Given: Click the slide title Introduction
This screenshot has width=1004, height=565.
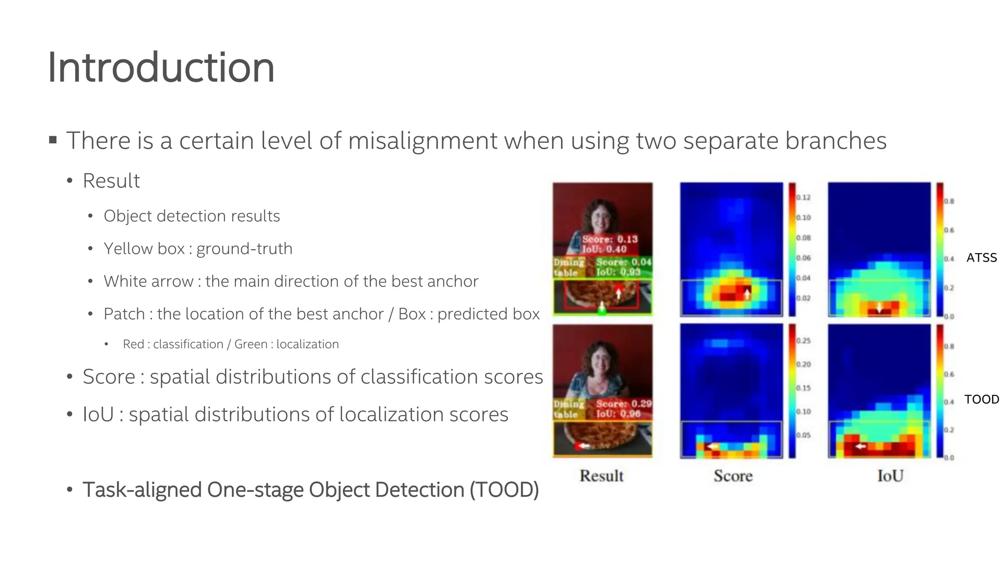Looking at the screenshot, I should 161,68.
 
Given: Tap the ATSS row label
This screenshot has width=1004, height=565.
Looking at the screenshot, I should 981,257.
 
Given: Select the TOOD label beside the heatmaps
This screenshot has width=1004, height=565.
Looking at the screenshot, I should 981,399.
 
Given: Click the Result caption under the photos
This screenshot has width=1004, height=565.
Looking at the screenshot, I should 602,476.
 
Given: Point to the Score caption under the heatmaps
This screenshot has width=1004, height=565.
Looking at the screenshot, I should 733,476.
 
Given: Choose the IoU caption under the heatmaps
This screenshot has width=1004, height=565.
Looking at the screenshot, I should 890,476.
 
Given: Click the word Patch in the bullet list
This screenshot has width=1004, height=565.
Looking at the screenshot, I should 125,314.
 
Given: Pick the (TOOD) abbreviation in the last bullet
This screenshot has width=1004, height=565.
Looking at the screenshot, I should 504,490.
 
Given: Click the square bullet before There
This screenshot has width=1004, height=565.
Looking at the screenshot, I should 53,141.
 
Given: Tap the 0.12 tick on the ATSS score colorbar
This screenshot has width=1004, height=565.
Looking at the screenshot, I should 803,198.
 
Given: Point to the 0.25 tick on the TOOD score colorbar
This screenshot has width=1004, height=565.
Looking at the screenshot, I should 803,341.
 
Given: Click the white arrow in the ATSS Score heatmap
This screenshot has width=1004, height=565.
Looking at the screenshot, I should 747,294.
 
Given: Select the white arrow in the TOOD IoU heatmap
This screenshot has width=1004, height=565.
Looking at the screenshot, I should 860,446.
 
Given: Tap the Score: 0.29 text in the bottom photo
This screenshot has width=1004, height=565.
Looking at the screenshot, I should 624,404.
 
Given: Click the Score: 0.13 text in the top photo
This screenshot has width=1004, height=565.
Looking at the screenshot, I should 610,239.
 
